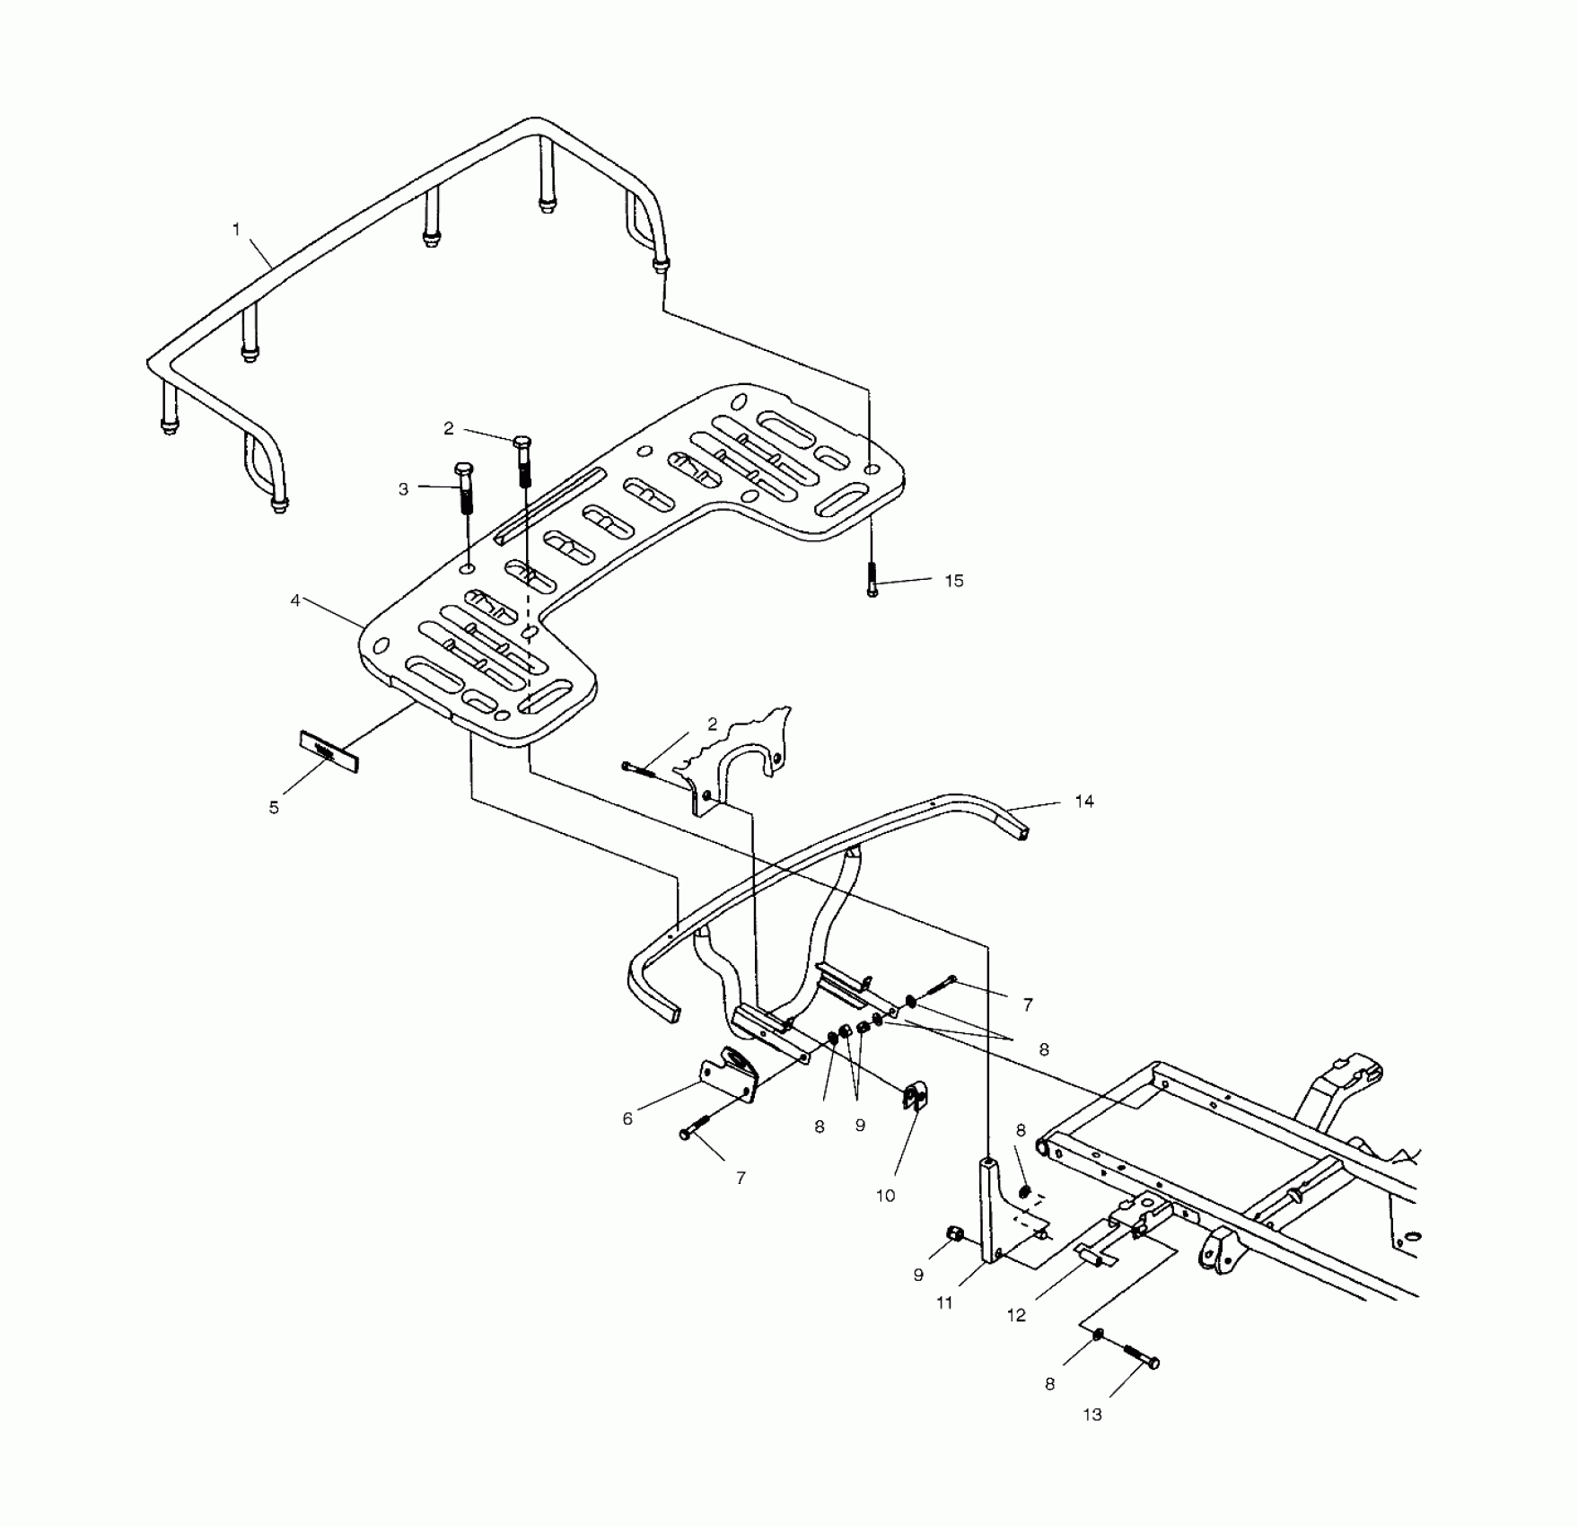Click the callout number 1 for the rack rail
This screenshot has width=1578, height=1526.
(237, 230)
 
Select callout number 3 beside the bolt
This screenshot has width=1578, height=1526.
(404, 489)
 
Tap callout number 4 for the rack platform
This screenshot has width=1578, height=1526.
(295, 601)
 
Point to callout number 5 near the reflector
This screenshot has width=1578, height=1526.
(274, 808)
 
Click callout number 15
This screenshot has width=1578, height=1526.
(954, 581)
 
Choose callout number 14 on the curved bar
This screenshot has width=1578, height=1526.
(1084, 801)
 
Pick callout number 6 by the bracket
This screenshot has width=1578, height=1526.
(627, 1118)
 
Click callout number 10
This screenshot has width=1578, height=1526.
(886, 1196)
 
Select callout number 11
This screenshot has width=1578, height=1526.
(944, 1302)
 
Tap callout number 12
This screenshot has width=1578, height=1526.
(1016, 1315)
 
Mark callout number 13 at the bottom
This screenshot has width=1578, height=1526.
(1092, 1415)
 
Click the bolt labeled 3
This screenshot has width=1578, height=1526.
(465, 489)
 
